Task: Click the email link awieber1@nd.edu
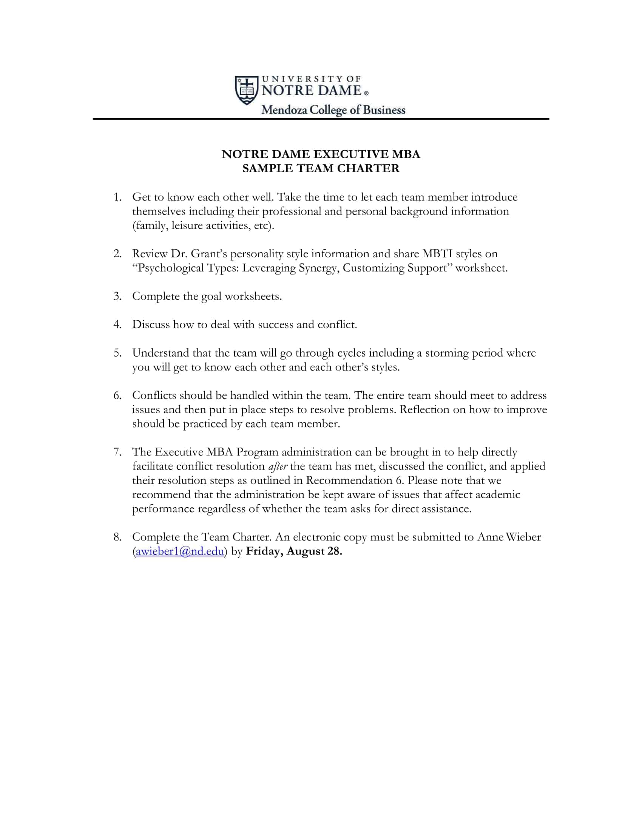(x=179, y=551)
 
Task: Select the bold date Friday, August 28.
(x=294, y=551)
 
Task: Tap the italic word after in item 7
(x=278, y=466)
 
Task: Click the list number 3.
(x=117, y=296)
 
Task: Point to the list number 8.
(x=117, y=537)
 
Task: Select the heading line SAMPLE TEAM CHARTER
(x=321, y=168)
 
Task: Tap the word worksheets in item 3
(x=253, y=296)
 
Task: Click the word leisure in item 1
(x=187, y=226)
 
